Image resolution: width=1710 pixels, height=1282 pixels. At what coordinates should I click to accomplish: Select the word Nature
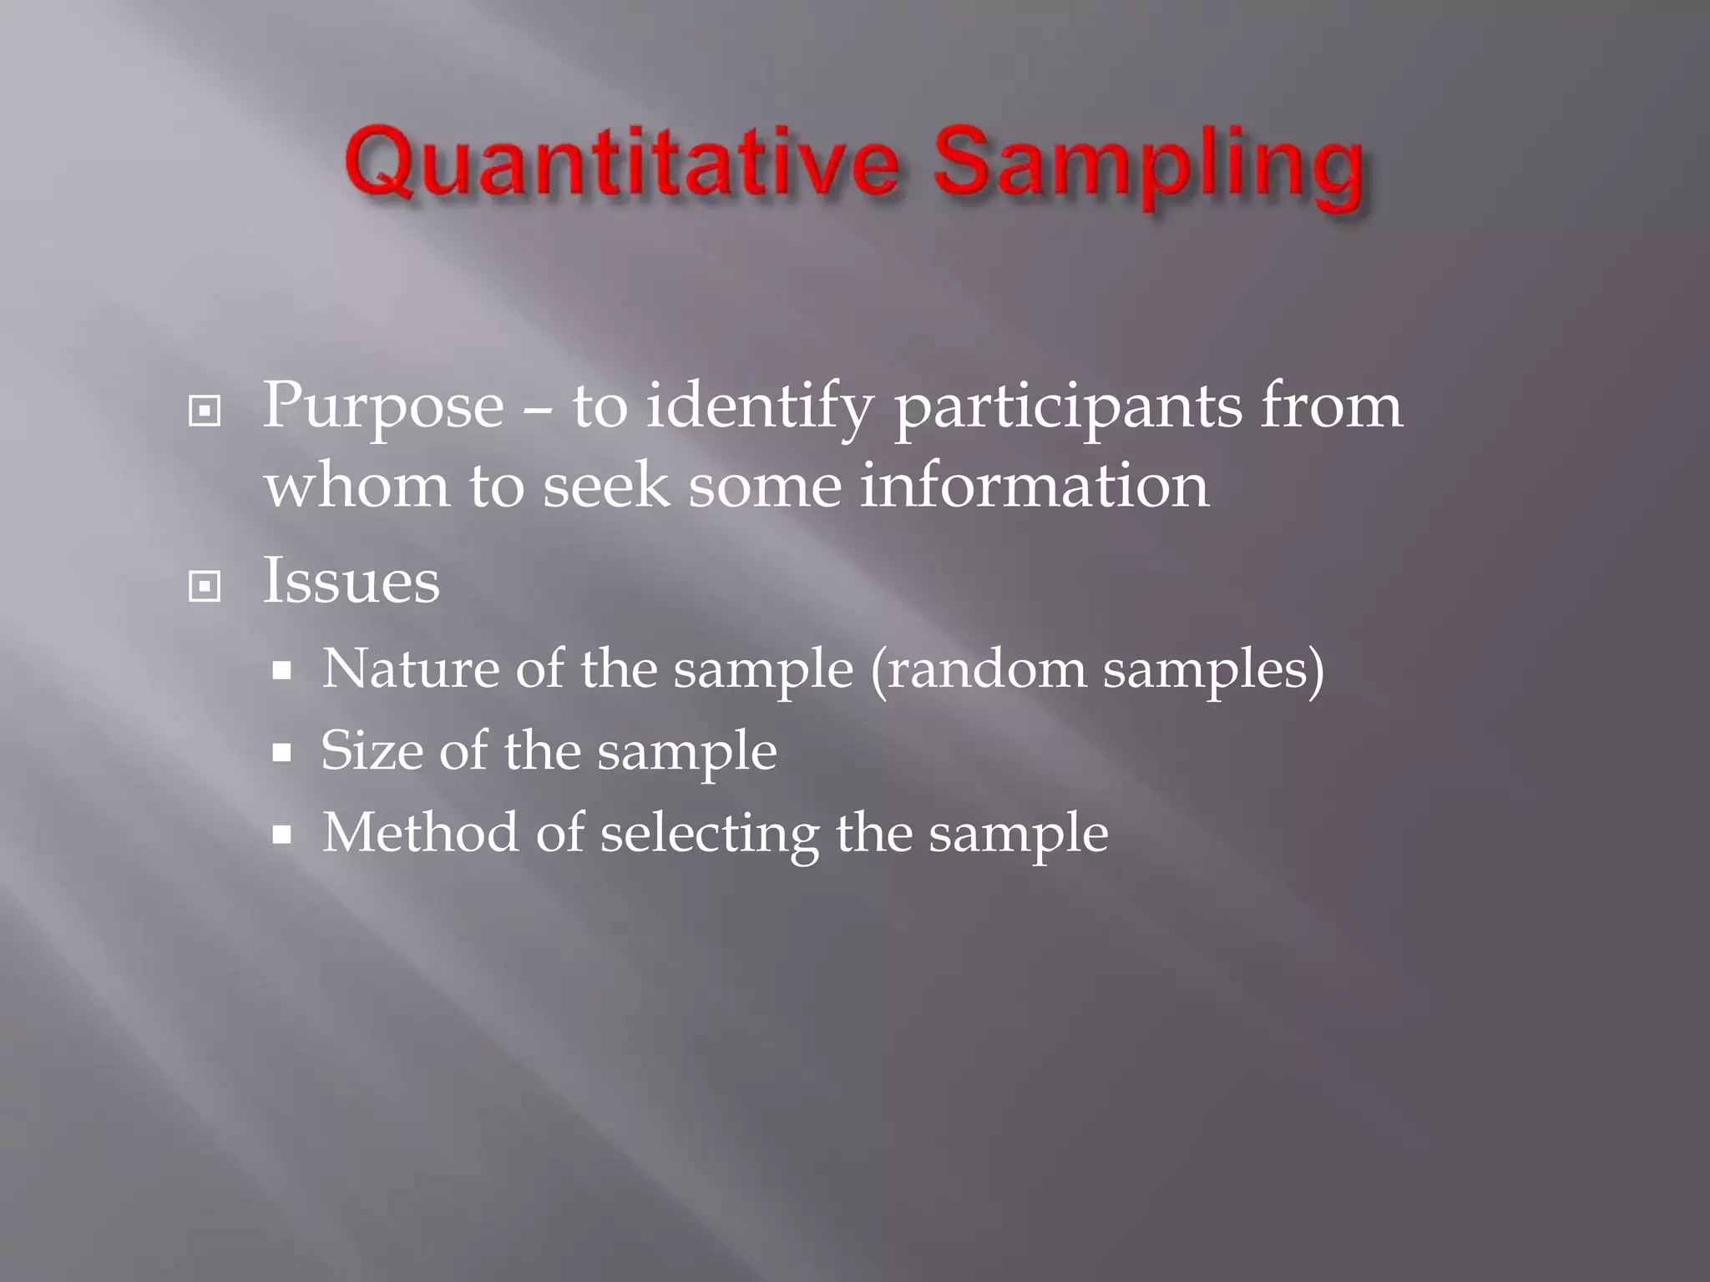(x=409, y=669)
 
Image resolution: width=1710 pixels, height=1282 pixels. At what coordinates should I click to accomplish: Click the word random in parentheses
(x=986, y=670)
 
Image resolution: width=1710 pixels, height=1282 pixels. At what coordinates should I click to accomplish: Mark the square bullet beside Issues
(x=205, y=587)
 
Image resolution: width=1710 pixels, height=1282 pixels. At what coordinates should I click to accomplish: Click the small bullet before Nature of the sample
(x=282, y=670)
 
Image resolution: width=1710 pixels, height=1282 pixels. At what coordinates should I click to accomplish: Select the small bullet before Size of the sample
(x=282, y=752)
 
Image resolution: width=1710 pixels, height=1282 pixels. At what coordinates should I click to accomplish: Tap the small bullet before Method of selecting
(x=282, y=834)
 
